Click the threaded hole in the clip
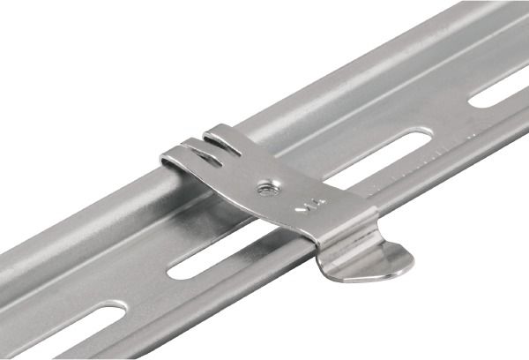(265, 187)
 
